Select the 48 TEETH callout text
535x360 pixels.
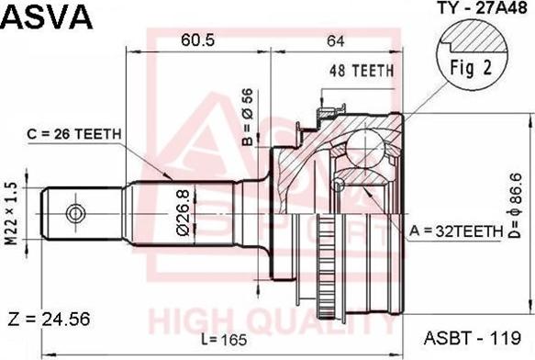(362, 70)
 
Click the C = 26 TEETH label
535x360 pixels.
(73, 134)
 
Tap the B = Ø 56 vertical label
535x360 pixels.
(247, 117)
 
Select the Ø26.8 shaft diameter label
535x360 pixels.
(184, 213)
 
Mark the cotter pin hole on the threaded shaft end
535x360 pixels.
(72, 213)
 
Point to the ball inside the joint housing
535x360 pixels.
(371, 147)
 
